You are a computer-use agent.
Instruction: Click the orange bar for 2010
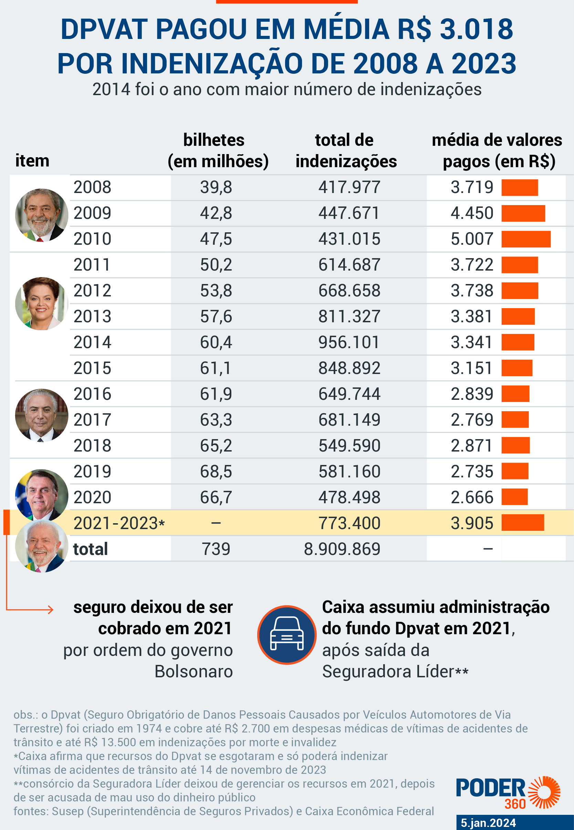pos(526,239)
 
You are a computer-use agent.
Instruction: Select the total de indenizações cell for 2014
pos(349,342)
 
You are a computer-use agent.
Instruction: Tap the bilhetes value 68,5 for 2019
pos(216,472)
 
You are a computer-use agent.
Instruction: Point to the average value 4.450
pos(471,213)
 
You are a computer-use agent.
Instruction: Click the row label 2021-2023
pos(119,523)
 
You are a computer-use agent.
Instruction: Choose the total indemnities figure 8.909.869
pos(342,549)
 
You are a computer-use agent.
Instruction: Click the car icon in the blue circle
pos(286,635)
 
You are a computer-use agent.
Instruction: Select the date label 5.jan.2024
pos(488,823)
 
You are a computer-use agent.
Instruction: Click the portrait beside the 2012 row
pos(41,303)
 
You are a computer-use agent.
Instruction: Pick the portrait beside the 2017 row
pos(41,415)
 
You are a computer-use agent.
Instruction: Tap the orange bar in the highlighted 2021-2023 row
pos(522,523)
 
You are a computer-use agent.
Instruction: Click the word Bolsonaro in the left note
pos(194,672)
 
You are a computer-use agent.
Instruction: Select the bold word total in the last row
pos(90,549)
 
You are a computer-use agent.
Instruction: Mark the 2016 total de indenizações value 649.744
pos(349,394)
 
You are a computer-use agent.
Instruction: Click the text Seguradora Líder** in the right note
pos(395,672)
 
